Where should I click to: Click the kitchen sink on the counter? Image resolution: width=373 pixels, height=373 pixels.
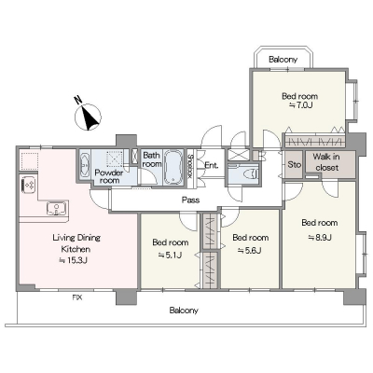click(57, 208)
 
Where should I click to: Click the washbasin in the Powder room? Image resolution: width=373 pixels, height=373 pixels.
click(84, 164)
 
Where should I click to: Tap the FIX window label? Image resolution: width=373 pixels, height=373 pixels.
click(77, 297)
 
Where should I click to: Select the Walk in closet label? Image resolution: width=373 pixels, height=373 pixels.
click(326, 162)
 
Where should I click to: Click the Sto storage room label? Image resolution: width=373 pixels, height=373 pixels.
click(294, 164)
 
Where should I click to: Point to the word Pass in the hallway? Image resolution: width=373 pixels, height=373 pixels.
click(190, 200)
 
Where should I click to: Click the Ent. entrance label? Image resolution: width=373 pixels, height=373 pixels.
click(212, 165)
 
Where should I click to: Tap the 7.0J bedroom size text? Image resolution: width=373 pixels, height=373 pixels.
click(300, 105)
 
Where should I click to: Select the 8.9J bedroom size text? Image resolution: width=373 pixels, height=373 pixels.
click(320, 237)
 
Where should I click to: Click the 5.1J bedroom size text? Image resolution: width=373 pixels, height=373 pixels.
click(170, 255)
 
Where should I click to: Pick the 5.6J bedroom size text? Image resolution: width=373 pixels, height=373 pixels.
click(250, 250)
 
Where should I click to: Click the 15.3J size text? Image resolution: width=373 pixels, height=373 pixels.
click(74, 260)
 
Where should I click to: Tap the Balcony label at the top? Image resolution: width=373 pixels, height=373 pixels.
click(283, 59)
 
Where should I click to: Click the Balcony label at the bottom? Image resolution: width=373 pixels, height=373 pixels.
click(184, 310)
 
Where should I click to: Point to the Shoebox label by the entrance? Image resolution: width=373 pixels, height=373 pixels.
click(190, 166)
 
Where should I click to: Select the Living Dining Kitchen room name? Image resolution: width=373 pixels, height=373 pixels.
click(76, 243)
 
